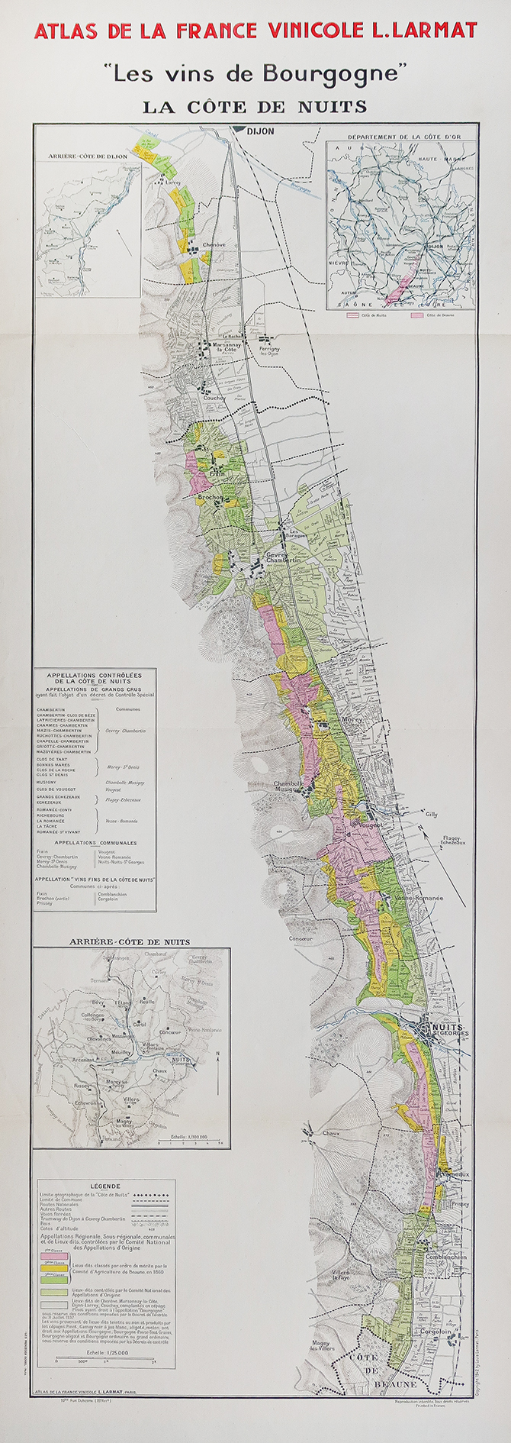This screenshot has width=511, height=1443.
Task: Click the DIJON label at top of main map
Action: coord(260,131)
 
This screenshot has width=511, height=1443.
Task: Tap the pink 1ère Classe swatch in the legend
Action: coord(54,1256)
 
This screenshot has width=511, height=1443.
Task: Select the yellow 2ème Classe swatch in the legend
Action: coord(54,1266)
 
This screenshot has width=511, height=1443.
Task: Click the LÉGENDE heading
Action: coord(104,1186)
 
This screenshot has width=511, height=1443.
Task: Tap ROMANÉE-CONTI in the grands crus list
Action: coord(56,809)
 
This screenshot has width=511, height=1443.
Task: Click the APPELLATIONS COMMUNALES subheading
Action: coord(96,843)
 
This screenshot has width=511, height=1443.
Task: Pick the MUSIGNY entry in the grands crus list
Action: coord(48,782)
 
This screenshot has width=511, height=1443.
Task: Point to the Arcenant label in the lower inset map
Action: coord(83,1060)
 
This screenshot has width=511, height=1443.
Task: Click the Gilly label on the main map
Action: coord(432,815)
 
